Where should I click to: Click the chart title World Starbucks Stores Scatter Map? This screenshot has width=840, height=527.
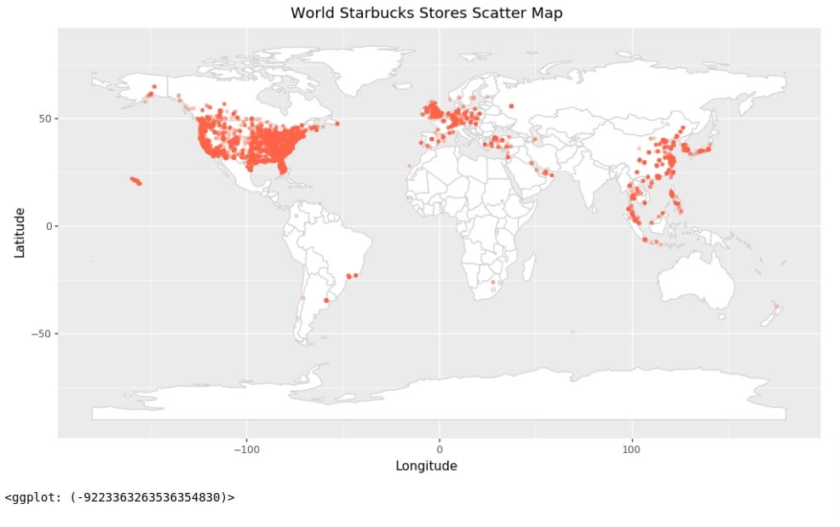click(426, 13)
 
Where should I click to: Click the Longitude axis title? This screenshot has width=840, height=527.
click(426, 466)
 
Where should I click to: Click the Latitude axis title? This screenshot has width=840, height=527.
click(19, 232)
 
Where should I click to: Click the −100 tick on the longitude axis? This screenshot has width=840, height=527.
click(246, 449)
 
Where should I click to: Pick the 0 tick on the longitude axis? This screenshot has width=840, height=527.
click(440, 449)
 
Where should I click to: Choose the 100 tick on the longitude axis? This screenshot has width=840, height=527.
click(632, 449)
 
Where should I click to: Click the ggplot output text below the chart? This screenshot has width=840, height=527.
click(119, 496)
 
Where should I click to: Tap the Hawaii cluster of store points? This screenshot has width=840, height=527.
click(135, 180)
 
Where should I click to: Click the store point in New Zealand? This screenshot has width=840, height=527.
click(776, 306)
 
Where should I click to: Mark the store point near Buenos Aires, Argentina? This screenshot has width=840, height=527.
click(327, 300)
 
